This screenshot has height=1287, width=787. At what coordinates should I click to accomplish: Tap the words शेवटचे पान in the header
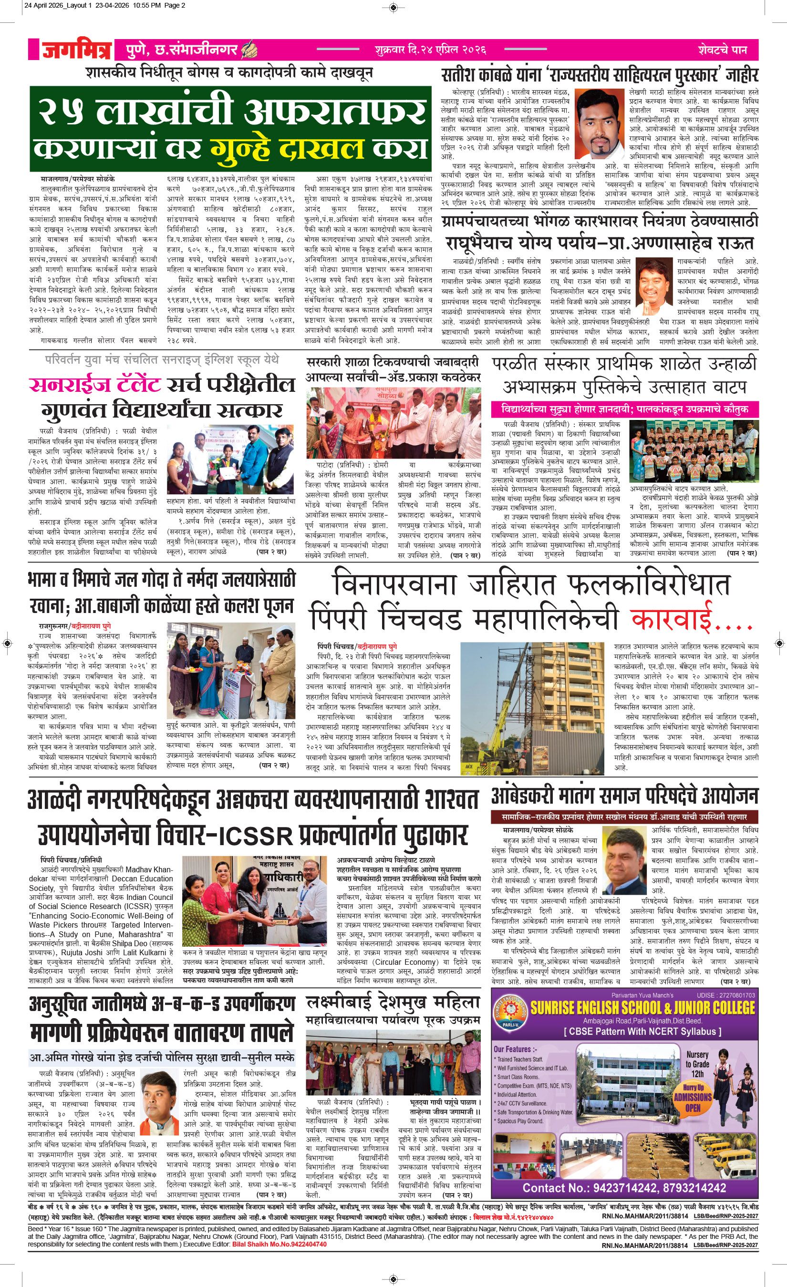[722, 51]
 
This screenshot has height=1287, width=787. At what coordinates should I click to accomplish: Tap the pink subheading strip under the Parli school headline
[624, 409]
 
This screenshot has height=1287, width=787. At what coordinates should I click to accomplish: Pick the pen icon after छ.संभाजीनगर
[247, 50]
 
